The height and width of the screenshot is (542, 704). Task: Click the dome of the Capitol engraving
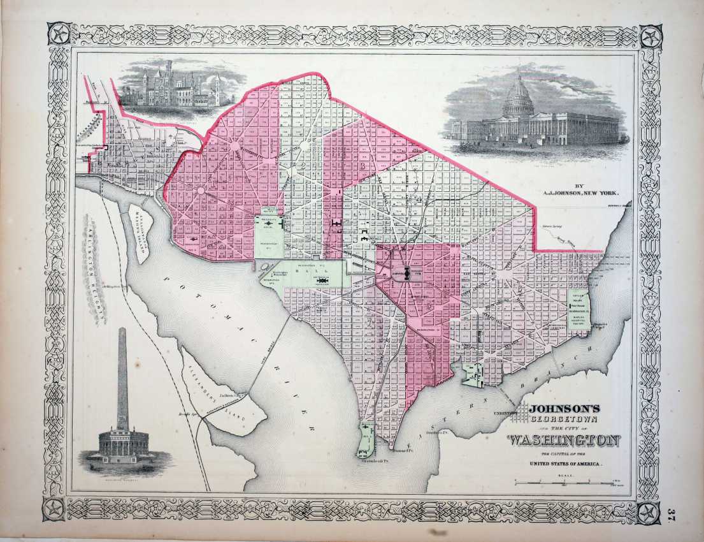(x=518, y=96)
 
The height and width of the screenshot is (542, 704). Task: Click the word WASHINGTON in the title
(x=564, y=440)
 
